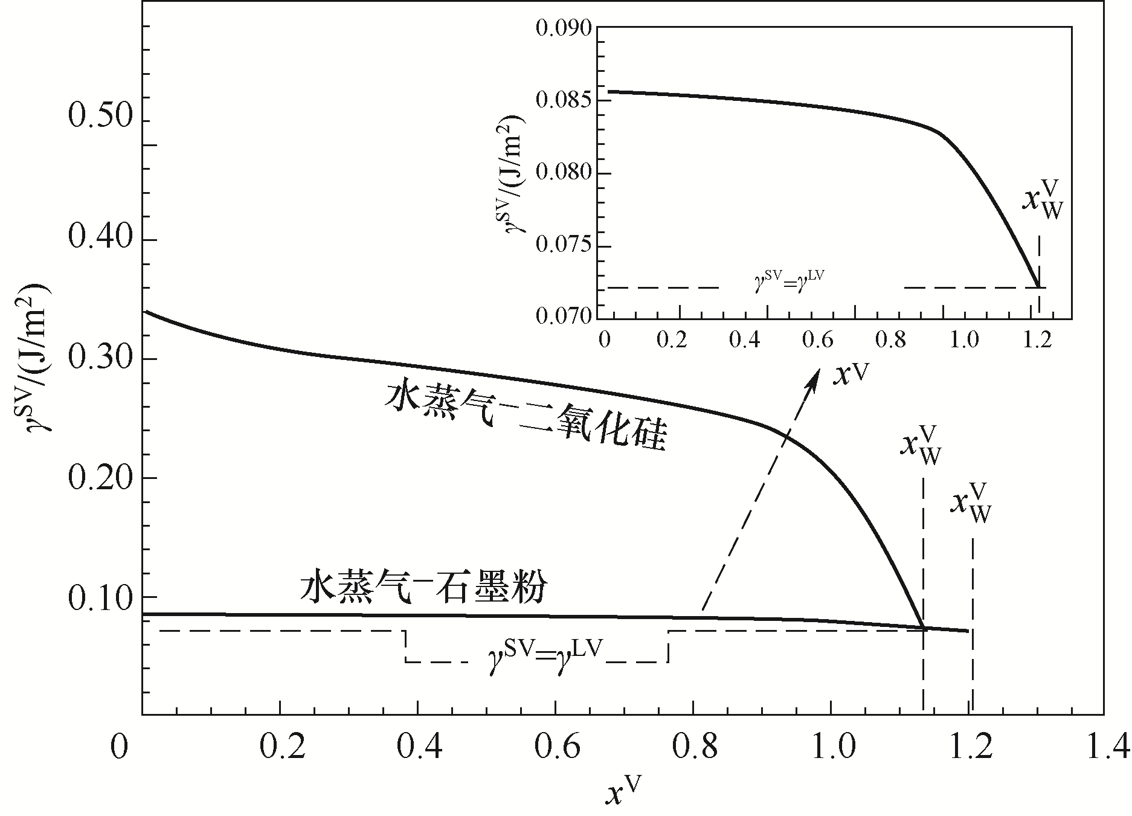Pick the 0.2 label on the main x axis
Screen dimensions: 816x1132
pyautogui.click(x=280, y=747)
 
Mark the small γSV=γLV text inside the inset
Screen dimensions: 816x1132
pyautogui.click(x=789, y=281)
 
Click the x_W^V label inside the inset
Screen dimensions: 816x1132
pyautogui.click(x=1041, y=201)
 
